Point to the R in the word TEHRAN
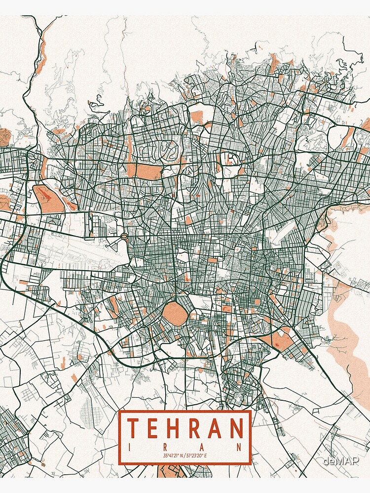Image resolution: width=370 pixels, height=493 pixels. coord(197,428)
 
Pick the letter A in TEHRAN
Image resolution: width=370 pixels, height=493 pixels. coord(217,428)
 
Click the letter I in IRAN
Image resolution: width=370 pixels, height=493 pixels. coord(130,447)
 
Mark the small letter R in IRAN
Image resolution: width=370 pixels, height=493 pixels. coord(166,447)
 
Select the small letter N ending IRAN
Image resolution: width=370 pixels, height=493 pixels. coord(240,447)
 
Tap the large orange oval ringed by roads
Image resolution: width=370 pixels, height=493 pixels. coord(174,314)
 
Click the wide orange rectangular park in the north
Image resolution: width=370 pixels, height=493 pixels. coord(148,172)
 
